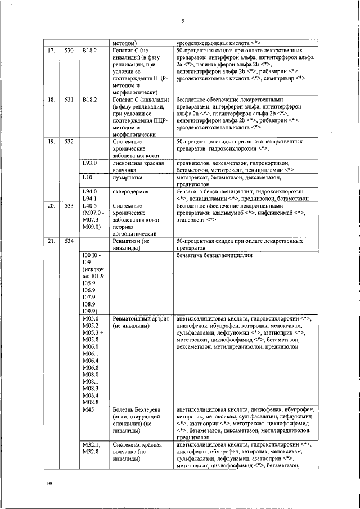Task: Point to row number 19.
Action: (x=51, y=142)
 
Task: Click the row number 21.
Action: (x=51, y=241)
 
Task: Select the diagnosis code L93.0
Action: (x=90, y=163)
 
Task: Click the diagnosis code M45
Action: (x=88, y=409)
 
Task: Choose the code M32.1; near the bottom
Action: (x=91, y=445)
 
